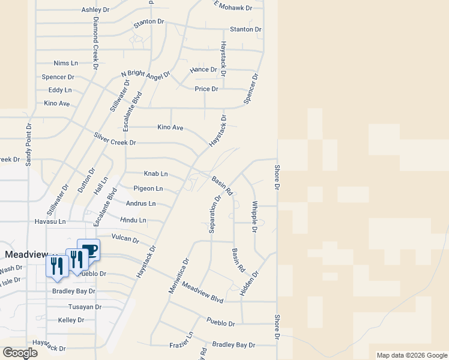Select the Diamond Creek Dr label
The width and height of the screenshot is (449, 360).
(x=95, y=44)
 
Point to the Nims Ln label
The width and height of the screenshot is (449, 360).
(x=66, y=63)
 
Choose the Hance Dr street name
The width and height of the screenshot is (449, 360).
(x=203, y=70)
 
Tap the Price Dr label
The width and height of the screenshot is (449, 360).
(x=206, y=89)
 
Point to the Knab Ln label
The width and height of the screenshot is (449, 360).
(x=155, y=173)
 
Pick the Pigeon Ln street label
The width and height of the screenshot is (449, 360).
(x=148, y=188)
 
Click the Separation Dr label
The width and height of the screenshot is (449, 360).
(x=214, y=214)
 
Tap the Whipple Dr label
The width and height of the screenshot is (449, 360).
(x=255, y=217)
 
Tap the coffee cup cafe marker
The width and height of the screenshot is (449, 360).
(x=89, y=250)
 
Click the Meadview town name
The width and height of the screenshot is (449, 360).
(x=26, y=254)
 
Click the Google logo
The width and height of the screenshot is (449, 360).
(x=20, y=353)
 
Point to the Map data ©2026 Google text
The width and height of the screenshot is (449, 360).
(x=412, y=355)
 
